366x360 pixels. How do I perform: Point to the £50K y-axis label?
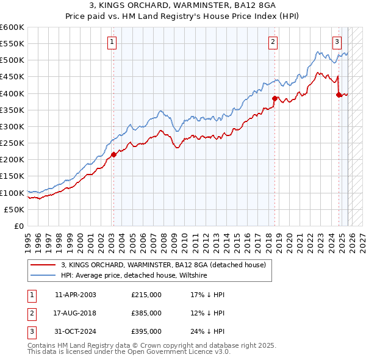(14, 209)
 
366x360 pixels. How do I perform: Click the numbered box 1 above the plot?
(113, 42)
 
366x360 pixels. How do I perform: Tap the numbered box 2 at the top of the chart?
(273, 42)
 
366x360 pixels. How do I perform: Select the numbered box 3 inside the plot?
(337, 42)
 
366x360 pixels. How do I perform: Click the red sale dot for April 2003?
(113, 154)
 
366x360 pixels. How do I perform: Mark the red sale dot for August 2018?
(274, 98)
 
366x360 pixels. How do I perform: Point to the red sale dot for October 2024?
(339, 95)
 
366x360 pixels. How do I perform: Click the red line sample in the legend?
(43, 265)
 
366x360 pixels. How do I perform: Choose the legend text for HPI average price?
(134, 276)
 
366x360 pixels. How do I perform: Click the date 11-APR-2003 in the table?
(75, 295)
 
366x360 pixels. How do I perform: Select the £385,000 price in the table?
(146, 313)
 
